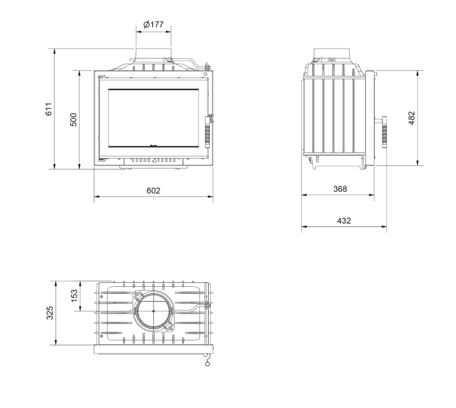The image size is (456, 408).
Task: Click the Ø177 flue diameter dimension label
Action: pyautogui.click(x=153, y=24)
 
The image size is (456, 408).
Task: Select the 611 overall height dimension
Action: pyautogui.click(x=48, y=109)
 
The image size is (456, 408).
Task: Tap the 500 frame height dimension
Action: pyautogui.click(x=73, y=120)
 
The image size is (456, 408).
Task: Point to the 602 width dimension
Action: pyautogui.click(x=153, y=191)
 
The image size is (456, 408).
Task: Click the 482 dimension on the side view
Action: pyautogui.click(x=412, y=118)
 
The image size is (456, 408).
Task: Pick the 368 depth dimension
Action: pyautogui.click(x=340, y=189)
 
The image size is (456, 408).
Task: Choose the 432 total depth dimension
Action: pyautogui.click(x=344, y=221)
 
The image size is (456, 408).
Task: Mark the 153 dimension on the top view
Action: pyautogui.click(x=74, y=295)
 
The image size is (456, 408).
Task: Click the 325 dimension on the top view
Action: pyautogui.click(x=50, y=313)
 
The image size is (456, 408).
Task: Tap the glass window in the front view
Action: pyautogui.click(x=154, y=118)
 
